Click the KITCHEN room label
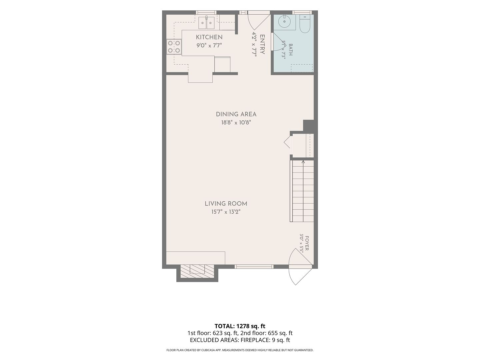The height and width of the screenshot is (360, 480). click(209, 37)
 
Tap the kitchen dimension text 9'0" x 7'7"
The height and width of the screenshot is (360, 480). click(209, 45)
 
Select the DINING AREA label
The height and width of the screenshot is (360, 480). click(236, 114)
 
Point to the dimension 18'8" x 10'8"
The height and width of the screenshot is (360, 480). click(236, 122)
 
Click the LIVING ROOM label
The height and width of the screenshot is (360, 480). click(226, 204)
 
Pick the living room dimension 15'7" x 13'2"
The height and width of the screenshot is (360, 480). click(226, 212)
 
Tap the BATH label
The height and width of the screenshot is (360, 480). click(291, 50)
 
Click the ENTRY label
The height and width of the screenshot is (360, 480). click(262, 44)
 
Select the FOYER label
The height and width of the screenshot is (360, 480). click(307, 243)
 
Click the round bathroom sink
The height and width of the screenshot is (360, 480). click(284, 21)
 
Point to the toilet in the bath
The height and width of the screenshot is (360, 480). click(305, 24)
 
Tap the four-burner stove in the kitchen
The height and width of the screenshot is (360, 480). click(174, 47)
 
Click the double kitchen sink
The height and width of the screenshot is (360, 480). click(206, 23)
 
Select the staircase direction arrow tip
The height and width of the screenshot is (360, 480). click(303, 161)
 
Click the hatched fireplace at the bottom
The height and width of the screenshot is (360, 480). click(197, 271)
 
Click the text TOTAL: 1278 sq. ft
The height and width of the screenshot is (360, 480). click(240, 326)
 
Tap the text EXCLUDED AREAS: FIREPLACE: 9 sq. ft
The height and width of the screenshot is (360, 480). click(240, 340)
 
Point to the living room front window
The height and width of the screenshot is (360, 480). click(254, 266)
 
